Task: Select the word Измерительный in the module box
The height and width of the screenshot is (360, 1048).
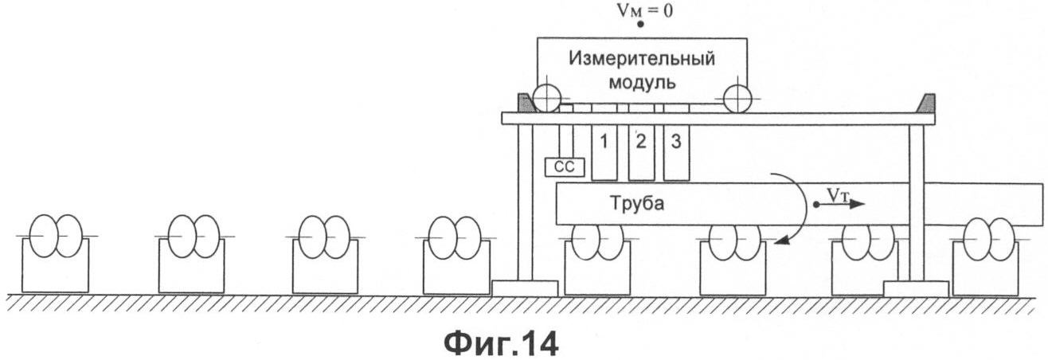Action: (642, 59)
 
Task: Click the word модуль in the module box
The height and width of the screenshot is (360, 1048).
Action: (642, 82)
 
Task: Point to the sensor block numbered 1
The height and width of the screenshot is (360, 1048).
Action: (604, 152)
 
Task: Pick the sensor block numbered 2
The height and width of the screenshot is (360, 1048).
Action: (640, 152)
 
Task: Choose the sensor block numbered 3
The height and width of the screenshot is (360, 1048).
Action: (675, 152)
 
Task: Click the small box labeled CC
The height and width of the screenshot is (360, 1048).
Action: (565, 167)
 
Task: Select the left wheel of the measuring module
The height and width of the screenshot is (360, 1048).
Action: (547, 99)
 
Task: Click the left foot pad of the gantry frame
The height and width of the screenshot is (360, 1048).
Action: (525, 288)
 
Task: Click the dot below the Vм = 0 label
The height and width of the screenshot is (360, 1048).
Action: (640, 25)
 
